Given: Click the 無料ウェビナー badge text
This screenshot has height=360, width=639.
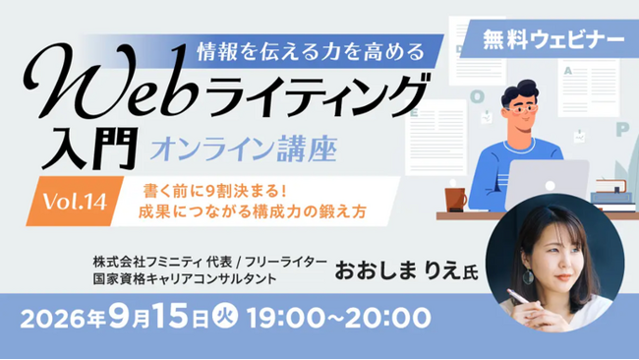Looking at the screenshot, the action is [x=553, y=40].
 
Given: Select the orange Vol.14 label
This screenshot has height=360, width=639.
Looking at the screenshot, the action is [x=75, y=202].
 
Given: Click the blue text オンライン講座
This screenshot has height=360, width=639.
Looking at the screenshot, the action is [x=244, y=150].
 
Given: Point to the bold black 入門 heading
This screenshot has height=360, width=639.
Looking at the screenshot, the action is [x=89, y=149].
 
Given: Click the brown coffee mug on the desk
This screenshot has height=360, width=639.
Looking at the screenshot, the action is [x=455, y=200].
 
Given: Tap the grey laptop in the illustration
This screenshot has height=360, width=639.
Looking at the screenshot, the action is [x=547, y=184].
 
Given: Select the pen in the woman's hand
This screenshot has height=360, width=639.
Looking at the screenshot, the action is [x=518, y=297].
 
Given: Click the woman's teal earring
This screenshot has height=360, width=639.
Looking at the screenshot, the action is [x=529, y=276].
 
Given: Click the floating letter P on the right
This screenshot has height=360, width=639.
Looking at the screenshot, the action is [x=622, y=130].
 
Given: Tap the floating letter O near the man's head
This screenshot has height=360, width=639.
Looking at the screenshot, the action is [x=477, y=96].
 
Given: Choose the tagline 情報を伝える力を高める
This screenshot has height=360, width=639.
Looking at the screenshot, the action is [x=311, y=51].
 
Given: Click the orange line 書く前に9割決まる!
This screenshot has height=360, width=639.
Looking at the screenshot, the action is [x=215, y=191].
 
